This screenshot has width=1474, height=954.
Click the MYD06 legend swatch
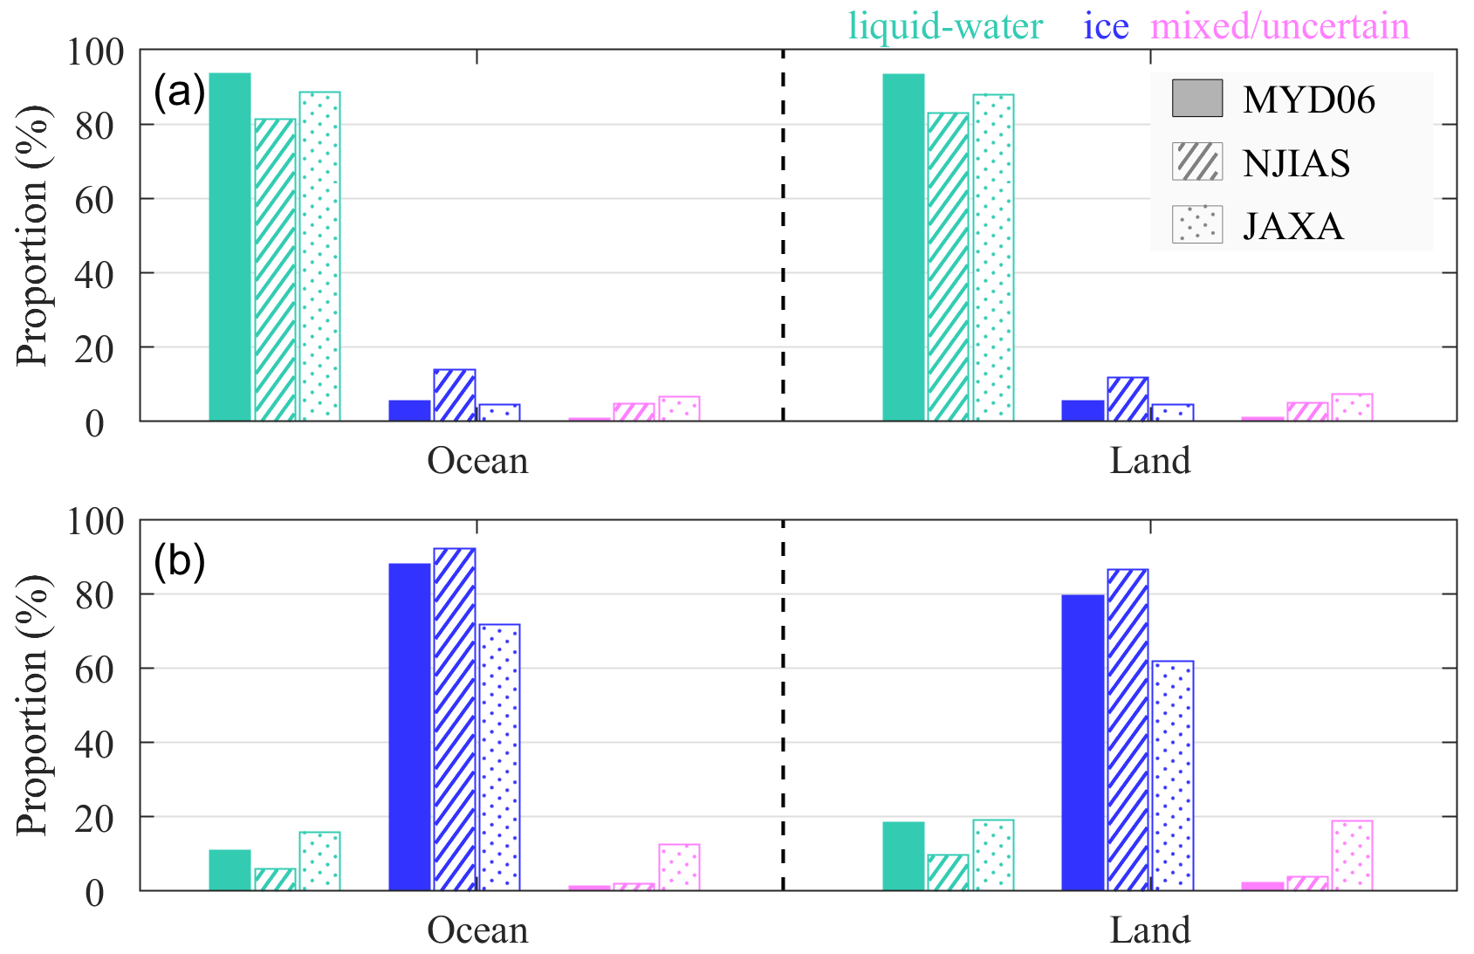tap(1196, 99)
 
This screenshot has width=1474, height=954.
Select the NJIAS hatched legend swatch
tap(1196, 161)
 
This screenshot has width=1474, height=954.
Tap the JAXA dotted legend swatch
tap(1196, 224)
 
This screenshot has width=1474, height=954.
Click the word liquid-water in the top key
tap(945, 27)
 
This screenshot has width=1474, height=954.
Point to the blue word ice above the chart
tap(1106, 27)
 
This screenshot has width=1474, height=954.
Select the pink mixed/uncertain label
tap(1279, 27)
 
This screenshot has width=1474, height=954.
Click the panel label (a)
tap(179, 91)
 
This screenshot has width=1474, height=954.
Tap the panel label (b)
tap(179, 560)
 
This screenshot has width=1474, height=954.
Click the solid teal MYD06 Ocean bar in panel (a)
tap(230, 247)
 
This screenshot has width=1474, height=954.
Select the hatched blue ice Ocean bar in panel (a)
tap(455, 395)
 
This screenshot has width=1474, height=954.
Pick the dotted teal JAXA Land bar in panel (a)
tap(993, 257)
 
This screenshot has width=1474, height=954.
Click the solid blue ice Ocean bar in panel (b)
tap(409, 727)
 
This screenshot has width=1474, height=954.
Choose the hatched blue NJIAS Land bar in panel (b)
tap(1128, 730)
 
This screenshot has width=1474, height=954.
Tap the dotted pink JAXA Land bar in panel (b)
tap(1352, 855)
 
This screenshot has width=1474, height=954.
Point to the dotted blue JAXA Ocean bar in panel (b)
tap(499, 758)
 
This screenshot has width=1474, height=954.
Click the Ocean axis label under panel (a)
tap(477, 461)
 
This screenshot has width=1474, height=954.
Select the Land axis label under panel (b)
tap(1149, 930)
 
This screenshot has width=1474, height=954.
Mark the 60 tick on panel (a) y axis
tap(94, 200)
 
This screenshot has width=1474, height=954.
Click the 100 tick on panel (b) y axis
tap(94, 521)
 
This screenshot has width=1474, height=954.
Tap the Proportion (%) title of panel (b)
tap(33, 705)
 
